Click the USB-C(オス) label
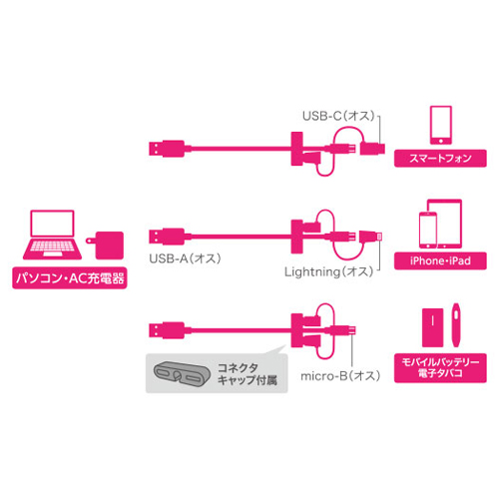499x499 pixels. pyautogui.click(x=339, y=116)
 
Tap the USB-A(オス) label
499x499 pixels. pyautogui.click(x=185, y=258)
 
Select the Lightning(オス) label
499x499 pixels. pyautogui.click(x=329, y=271)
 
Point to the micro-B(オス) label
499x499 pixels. pyautogui.click(x=340, y=376)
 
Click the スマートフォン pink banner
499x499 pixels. pyautogui.click(x=440, y=158)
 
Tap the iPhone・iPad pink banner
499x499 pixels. pyautogui.click(x=440, y=260)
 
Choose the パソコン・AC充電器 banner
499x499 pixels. pyautogui.click(x=70, y=278)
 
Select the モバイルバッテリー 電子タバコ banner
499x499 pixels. pyautogui.click(x=440, y=368)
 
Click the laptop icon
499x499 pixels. pyautogui.click(x=52, y=235)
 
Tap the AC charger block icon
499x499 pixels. pyautogui.click(x=106, y=246)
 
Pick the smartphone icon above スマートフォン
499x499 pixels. pyautogui.click(x=441, y=125)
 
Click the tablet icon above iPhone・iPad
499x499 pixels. pyautogui.click(x=445, y=224)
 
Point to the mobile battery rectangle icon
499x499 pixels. pyautogui.click(x=432, y=327)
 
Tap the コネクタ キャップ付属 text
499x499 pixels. pyautogui.click(x=248, y=374)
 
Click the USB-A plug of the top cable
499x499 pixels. pyautogui.click(x=167, y=149)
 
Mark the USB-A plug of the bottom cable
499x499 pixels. pyautogui.click(x=167, y=330)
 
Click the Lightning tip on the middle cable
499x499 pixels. pyautogui.click(x=379, y=237)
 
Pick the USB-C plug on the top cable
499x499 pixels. pyautogui.click(x=372, y=149)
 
